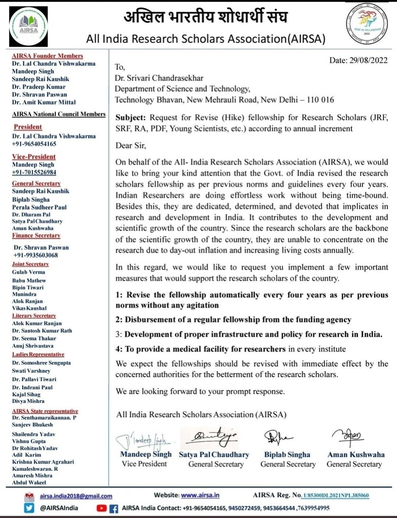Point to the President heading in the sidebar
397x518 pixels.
pos(28,127)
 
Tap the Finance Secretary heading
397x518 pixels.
pos(36,235)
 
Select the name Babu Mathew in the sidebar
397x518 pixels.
pos(29,280)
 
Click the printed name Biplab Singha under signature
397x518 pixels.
pos(287,455)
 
